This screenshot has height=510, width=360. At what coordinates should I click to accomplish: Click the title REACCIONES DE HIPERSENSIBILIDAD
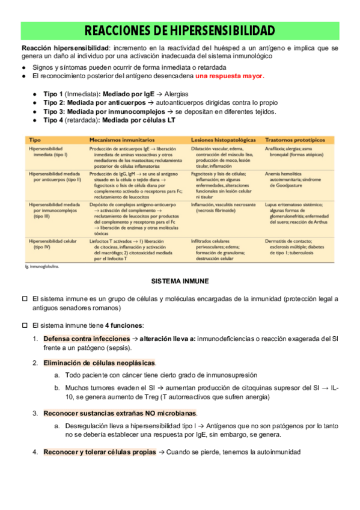point(180,31)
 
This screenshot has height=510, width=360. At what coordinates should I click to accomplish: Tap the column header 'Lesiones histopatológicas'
point(223,139)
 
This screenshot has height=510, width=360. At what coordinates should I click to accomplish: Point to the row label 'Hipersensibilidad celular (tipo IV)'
point(54,244)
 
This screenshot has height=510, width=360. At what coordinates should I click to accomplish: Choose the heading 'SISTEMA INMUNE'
point(180,281)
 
